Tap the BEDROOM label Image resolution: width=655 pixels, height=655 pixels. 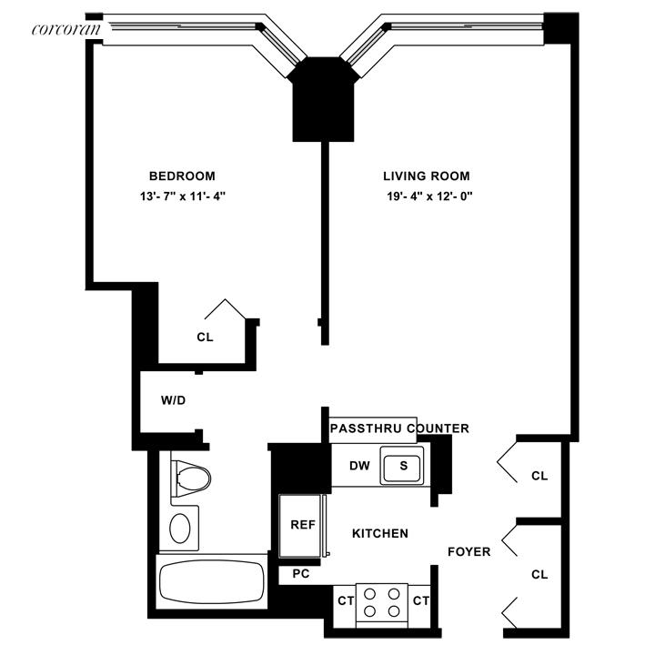[x=182, y=176]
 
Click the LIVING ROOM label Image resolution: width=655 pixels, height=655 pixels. [x=427, y=176]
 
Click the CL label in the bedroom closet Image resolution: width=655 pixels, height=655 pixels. [x=205, y=337]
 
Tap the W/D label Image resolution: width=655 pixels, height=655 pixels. [x=174, y=400]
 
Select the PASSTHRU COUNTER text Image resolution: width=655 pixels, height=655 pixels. [x=399, y=428]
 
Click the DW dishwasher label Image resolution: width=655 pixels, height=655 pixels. [x=359, y=467]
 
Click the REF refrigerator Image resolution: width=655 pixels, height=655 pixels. [x=302, y=525]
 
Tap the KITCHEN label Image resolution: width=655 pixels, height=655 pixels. [x=380, y=533]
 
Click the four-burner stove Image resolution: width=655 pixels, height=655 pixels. [x=380, y=600]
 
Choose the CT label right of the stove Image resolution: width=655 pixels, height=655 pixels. [x=419, y=600]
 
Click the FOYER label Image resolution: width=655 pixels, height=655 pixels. [x=469, y=551]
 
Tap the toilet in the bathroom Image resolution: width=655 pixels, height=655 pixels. [x=192, y=476]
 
